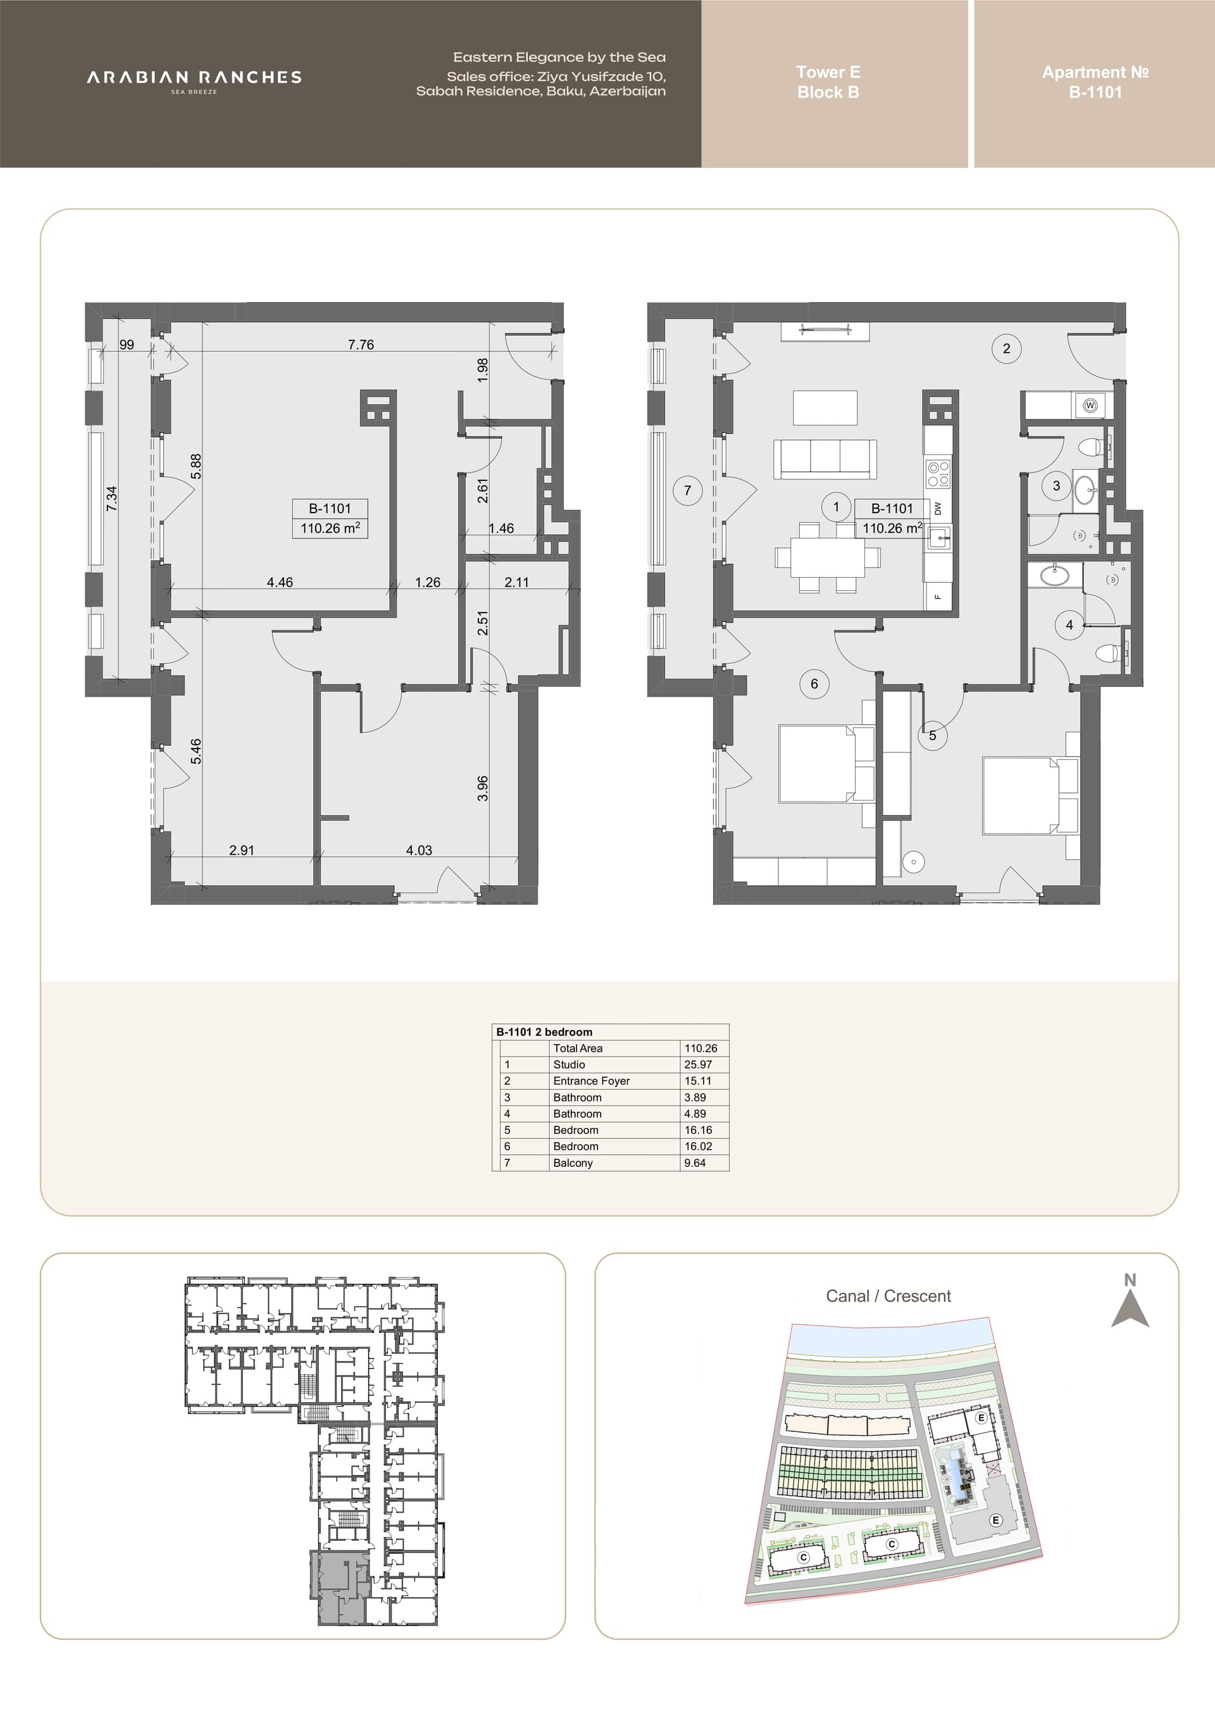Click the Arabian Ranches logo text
pos(194,77)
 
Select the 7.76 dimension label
pos(361,344)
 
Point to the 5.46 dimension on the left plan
pos(196,751)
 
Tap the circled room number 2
pos(1006,348)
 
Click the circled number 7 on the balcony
pos(688,491)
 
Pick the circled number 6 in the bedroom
pos(814,684)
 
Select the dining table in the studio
pos(828,557)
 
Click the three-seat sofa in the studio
pos(825,459)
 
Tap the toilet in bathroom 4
pos(1111,653)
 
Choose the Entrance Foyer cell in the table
pos(591,1081)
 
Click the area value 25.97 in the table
pos(697,1064)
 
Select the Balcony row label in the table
pos(572,1163)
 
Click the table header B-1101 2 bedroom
pos(544,1032)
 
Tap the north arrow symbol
pos(1130,1309)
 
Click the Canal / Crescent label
pos(888,1296)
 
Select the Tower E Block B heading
pos(828,82)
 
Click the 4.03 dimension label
pos(419,850)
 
